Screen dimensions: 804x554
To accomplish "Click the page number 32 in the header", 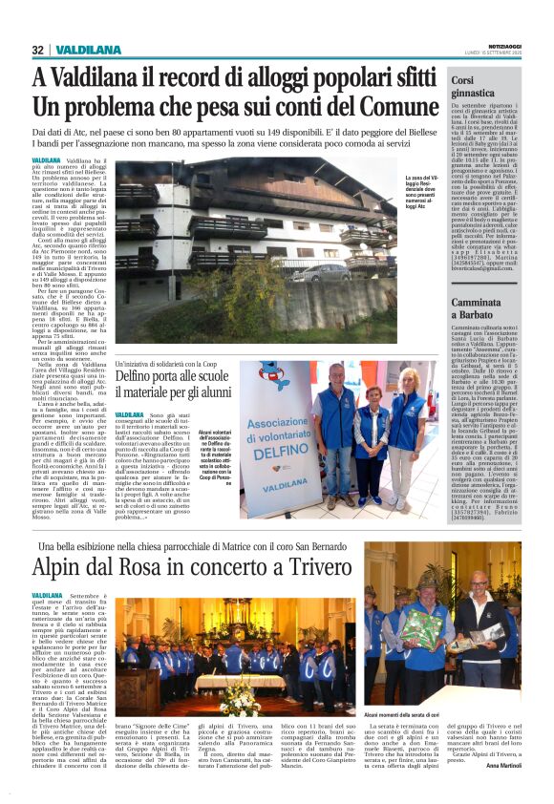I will (37, 50).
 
